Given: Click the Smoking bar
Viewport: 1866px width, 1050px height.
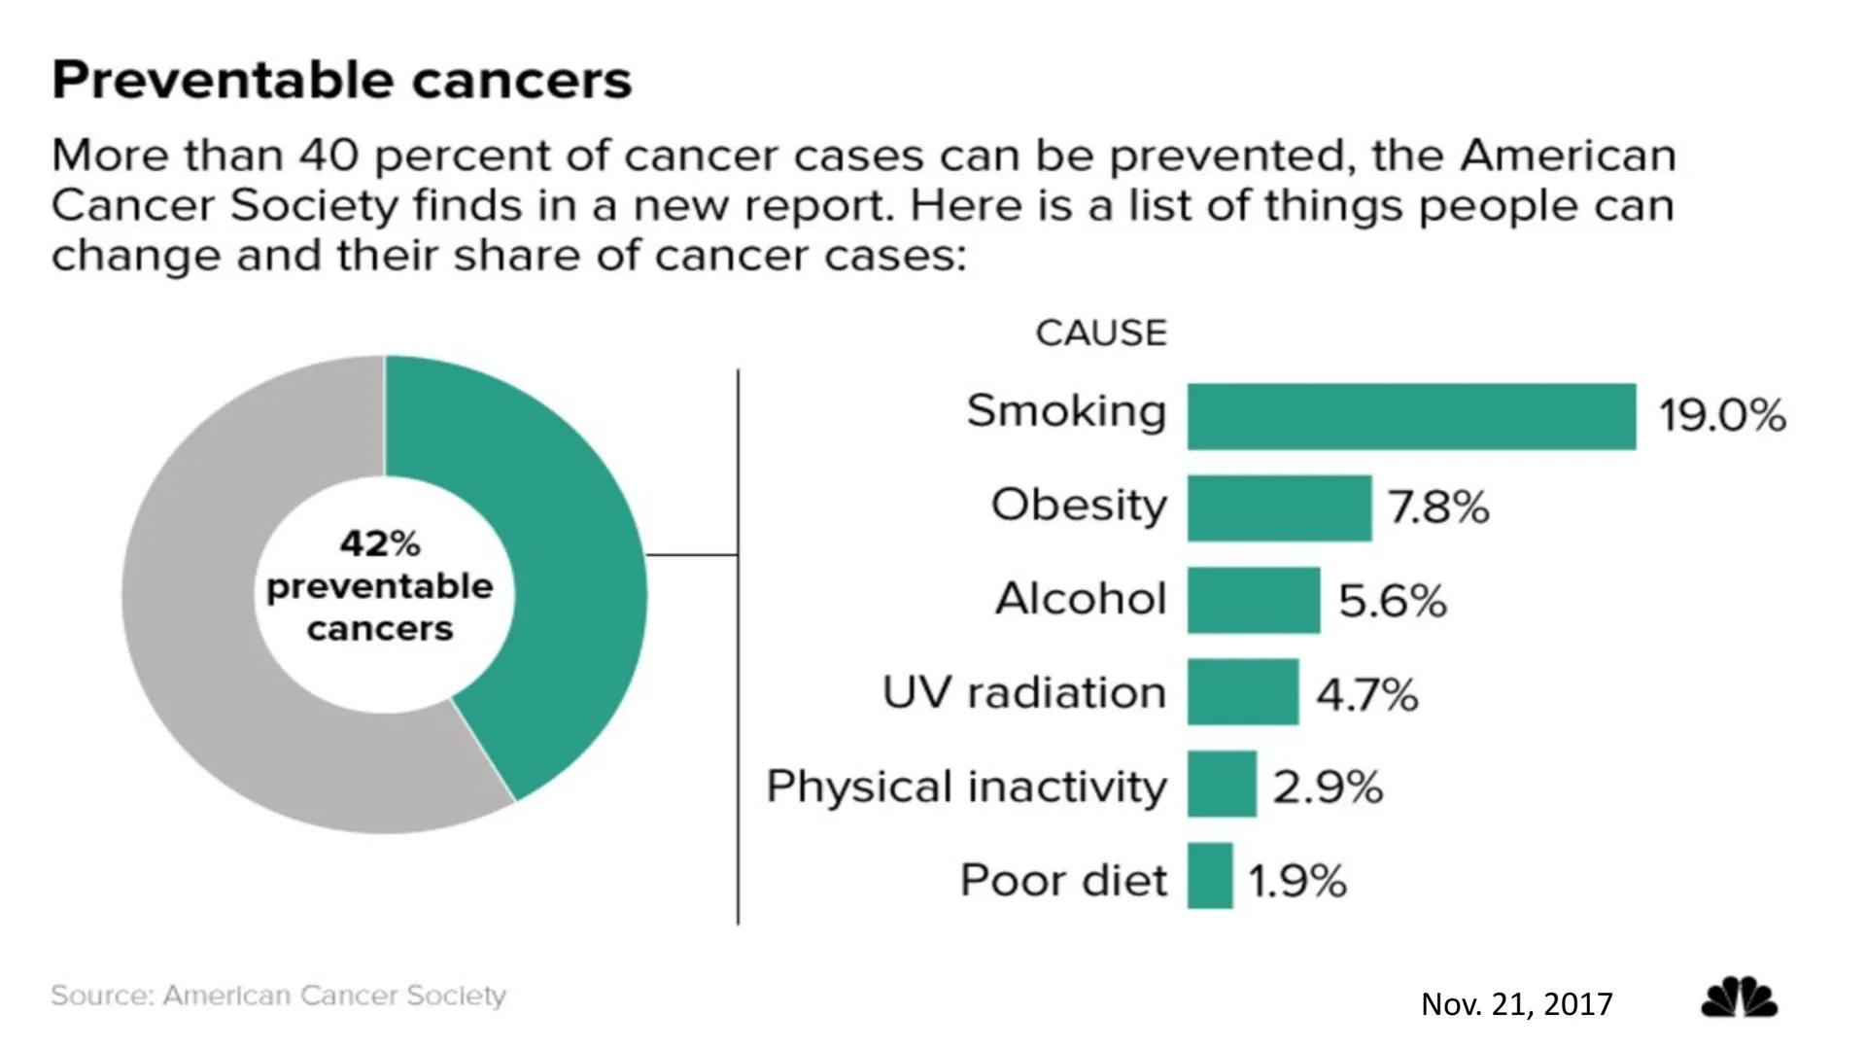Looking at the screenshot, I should pos(1411,416).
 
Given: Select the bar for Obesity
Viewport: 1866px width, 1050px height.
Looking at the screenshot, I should pos(1279,507).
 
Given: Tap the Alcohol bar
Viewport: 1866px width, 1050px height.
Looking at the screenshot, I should pos(1254,600).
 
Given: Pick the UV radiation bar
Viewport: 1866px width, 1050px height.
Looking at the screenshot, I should pos(1242,691).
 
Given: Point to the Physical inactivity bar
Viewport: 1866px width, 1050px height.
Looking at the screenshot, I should pos(1222,784).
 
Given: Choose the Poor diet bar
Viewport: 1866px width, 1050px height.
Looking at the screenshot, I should pos(1210,876).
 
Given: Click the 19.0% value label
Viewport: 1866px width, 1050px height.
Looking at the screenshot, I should pos(1721,416).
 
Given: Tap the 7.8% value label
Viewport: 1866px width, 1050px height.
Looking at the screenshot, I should pos(1437,507).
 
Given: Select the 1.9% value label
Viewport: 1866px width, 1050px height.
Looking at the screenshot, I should pos(1297,882).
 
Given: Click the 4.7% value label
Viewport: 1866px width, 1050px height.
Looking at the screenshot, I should pos(1366,695).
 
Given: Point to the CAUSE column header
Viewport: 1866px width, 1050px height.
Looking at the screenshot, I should pos(1100,333).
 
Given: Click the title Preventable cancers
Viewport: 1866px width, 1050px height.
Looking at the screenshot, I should pos(341,80).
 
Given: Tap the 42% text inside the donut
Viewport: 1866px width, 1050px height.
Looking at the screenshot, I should pos(379,543).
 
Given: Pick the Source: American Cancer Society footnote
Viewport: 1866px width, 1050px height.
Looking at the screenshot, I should pos(278,996).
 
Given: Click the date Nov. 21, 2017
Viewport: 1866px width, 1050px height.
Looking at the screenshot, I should pos(1516,1004).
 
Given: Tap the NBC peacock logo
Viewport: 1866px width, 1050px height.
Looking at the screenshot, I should pos(1739,998).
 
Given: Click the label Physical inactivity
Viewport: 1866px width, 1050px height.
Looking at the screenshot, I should pos(966,786).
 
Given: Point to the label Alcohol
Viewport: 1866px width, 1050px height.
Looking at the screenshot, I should pos(1080,598).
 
